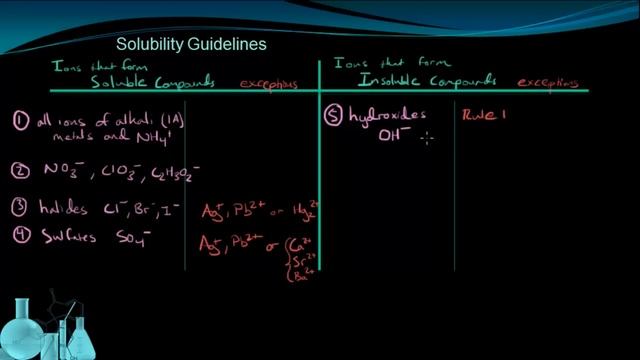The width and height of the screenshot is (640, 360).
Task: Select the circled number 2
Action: (x=18, y=170)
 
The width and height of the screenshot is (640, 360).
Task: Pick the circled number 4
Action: (x=18, y=237)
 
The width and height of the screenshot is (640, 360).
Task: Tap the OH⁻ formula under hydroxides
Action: (x=394, y=138)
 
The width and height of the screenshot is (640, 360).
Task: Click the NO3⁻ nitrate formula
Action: (x=59, y=171)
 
